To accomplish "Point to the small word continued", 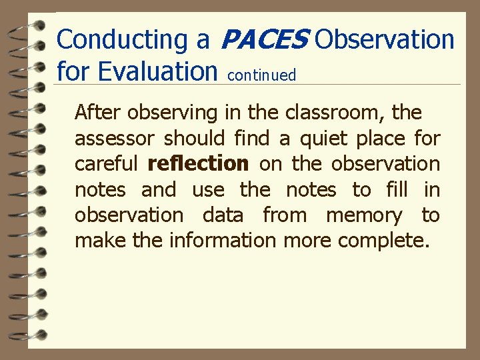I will pyautogui.click(x=261, y=75).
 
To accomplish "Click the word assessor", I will pyautogui.click(x=115, y=139).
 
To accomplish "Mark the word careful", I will pyautogui.click(x=106, y=164).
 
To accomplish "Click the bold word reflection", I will pyautogui.click(x=198, y=164).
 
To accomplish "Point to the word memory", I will pyautogui.click(x=364, y=215).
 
